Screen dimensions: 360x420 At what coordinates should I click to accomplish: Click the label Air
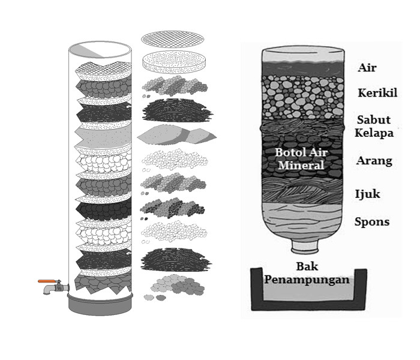(x=367, y=68)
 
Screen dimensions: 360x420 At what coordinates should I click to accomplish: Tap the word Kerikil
(x=377, y=93)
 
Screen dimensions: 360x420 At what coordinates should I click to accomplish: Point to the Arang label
(x=374, y=161)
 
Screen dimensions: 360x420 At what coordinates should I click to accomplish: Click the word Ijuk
(x=368, y=194)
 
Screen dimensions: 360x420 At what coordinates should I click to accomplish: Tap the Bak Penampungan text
(x=308, y=273)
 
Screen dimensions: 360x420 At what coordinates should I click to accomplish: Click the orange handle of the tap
(x=46, y=281)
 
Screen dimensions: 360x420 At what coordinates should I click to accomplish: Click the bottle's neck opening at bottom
(x=305, y=246)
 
